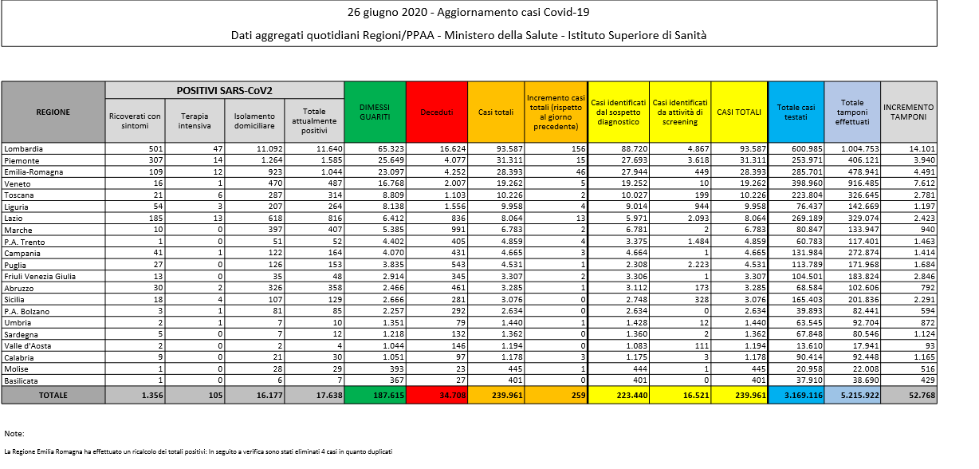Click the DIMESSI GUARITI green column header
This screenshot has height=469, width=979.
coord(375,112)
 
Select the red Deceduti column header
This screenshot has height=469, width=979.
coord(437,112)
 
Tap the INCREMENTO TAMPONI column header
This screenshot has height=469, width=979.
coord(909,112)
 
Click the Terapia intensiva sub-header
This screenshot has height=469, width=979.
coord(195,120)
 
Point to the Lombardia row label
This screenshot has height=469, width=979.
coord(23,148)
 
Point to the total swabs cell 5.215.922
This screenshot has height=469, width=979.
coord(853,395)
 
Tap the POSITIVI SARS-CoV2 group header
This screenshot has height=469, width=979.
coord(225,90)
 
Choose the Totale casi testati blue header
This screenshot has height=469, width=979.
coord(796,112)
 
